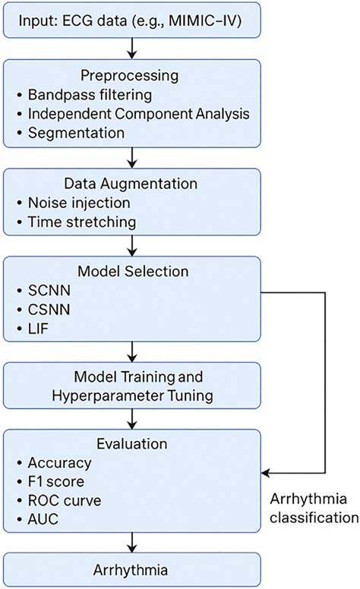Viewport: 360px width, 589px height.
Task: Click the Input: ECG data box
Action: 132,18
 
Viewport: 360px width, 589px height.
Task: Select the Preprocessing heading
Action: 132,77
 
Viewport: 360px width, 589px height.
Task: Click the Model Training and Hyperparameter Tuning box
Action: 132,387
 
